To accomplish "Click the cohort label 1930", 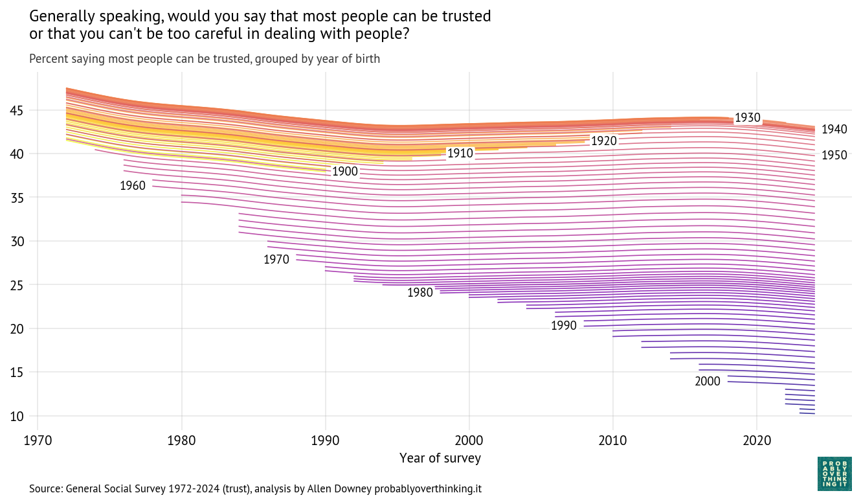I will pos(747,118).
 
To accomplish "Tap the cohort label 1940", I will pos(834,130).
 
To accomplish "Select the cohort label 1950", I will pos(834,155).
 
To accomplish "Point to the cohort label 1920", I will pos(603,141).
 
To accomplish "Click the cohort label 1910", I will pos(460,154).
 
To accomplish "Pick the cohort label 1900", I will pos(345,172).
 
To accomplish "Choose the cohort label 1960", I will pos(133,186).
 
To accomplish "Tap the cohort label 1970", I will pos(276,260).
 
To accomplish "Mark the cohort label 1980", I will pos(420,293).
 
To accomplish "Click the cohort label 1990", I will pos(564,325).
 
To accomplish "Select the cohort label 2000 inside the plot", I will pos(708,382).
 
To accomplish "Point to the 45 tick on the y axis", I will pos(17,111).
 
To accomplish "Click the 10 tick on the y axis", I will pos(17,416).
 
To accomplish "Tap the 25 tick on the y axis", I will pos(17,285).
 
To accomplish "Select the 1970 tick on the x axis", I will pos(38,441).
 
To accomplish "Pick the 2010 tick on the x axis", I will pos(613,441).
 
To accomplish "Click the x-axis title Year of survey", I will pos(440,459).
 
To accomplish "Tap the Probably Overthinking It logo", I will pos(835,474).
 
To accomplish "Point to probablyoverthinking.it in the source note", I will pos(428,488).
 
